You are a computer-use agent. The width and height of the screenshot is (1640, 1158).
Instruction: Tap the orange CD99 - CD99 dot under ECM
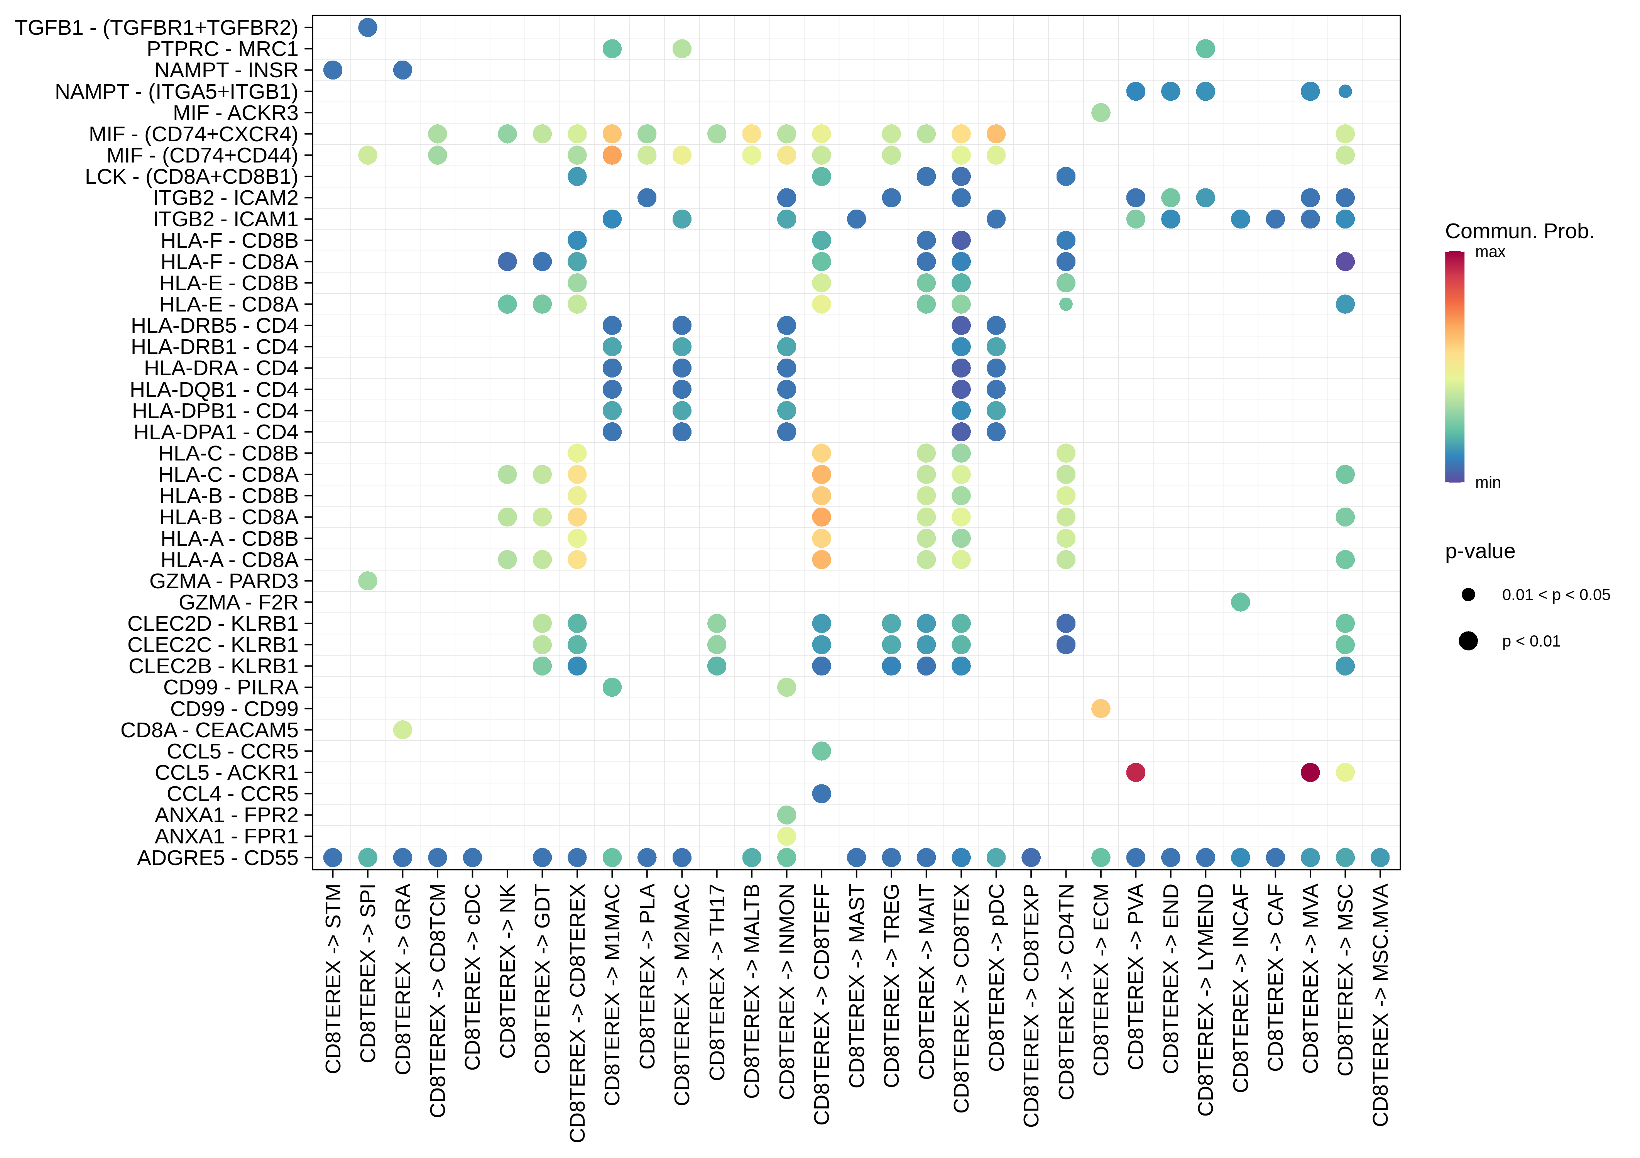[x=1100, y=709]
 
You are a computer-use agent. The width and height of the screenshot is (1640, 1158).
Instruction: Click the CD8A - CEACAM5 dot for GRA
[x=402, y=730]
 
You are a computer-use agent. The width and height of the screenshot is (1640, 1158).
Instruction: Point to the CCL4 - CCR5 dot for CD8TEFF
[x=822, y=794]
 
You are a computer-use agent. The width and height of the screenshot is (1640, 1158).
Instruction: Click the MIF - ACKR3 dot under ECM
[x=1100, y=113]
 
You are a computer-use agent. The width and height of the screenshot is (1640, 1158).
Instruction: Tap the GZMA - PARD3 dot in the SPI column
[x=367, y=581]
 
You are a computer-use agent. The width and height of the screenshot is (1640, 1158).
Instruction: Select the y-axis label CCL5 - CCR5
[x=232, y=752]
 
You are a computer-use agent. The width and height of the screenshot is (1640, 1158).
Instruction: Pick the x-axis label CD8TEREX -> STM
[x=333, y=979]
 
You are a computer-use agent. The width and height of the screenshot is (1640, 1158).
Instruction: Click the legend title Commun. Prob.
[x=1519, y=232]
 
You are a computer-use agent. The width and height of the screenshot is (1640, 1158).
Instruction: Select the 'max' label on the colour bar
[x=1490, y=252]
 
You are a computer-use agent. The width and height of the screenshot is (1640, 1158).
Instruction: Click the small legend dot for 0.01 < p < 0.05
[x=1468, y=594]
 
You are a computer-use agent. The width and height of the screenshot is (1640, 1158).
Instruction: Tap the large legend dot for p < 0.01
[x=1468, y=641]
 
